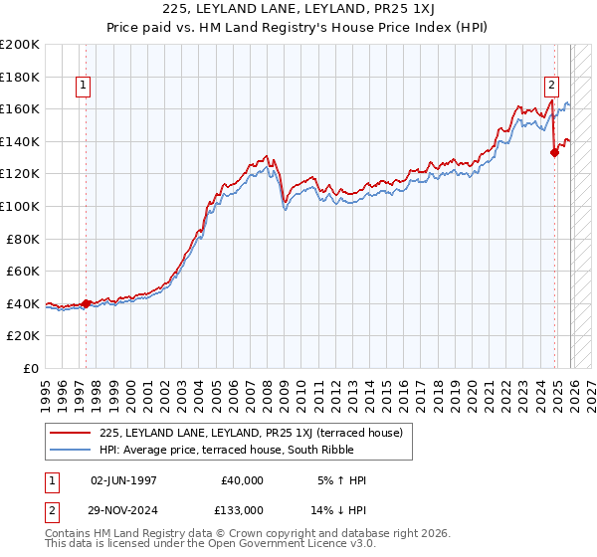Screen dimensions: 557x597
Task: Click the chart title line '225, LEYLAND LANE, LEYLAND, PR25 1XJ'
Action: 298,9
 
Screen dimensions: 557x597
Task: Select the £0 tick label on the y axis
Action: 31,368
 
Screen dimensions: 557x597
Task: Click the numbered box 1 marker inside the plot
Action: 86,87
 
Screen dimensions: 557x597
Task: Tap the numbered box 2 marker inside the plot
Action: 551,87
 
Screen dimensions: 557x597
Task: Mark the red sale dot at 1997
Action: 87,303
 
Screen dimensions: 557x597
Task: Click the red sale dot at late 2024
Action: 555,153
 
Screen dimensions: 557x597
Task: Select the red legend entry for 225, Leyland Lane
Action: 251,433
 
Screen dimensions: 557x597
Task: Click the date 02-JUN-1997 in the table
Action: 123,480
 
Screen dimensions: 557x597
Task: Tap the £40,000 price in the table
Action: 243,480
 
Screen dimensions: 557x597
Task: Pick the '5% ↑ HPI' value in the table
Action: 339,480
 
